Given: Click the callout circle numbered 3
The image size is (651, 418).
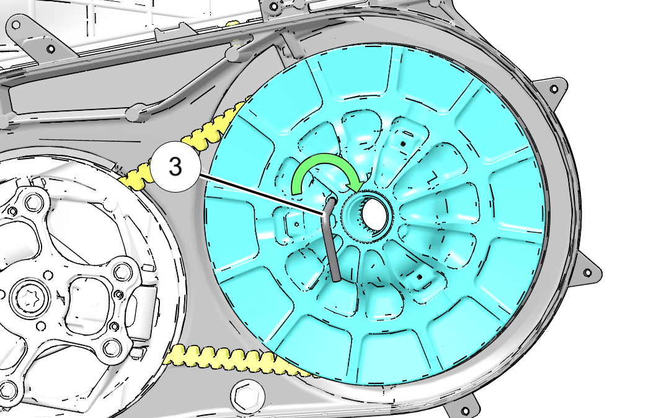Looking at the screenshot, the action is pos(175,167).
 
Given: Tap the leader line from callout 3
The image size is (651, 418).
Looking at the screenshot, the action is pos(262,194).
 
